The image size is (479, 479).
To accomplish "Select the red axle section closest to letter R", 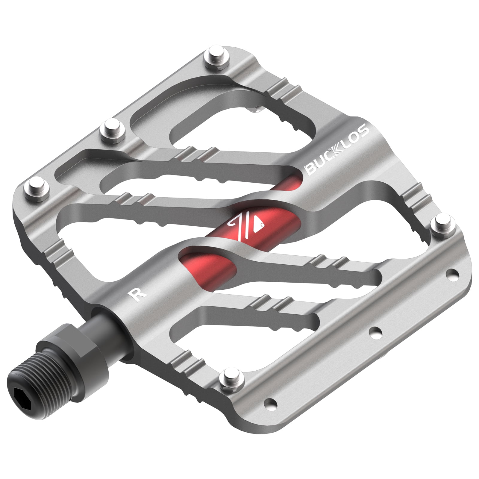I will tap(207, 263).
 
